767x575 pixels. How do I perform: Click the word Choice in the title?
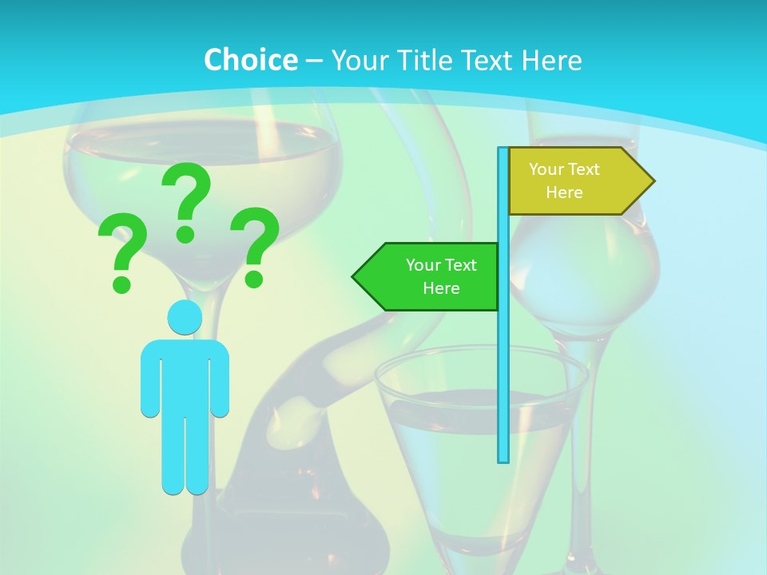(250, 60)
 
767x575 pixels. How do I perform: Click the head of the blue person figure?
(185, 317)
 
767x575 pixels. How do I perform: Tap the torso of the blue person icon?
(185, 375)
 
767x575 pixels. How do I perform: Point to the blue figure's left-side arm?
(149, 379)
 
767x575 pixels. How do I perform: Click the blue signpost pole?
(503, 359)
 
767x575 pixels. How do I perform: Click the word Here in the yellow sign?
(564, 192)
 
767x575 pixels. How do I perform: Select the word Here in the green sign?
(441, 288)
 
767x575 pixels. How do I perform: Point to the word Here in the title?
(551, 60)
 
